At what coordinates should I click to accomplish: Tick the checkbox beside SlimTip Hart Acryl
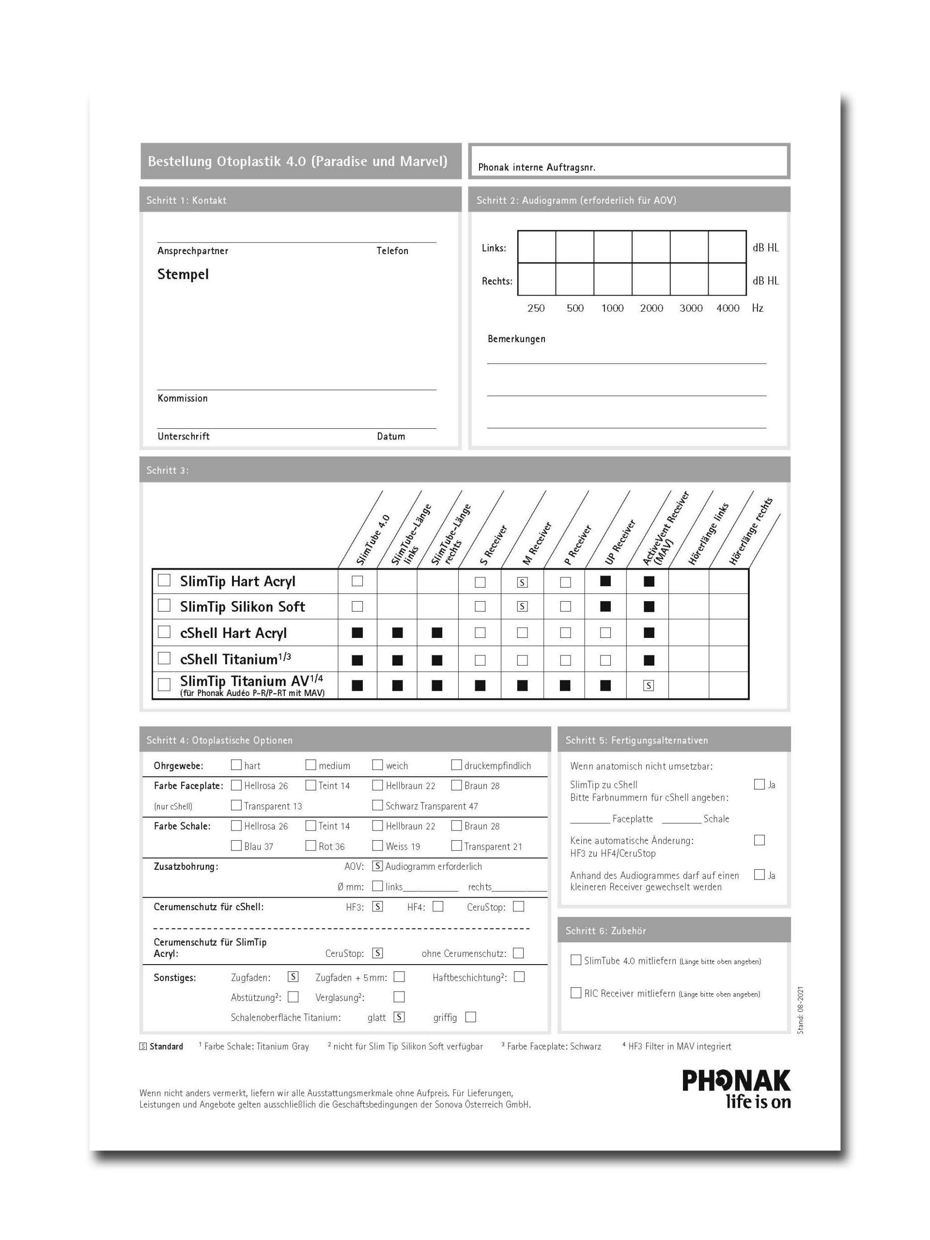tap(164, 580)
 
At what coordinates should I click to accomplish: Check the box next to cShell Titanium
tap(164, 658)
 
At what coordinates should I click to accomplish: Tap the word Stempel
tap(183, 274)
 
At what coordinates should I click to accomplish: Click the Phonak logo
tap(735, 1089)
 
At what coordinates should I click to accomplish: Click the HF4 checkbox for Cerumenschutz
tap(438, 907)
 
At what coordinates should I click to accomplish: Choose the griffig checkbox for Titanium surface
tap(471, 1017)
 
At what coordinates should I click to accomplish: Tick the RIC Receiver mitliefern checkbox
tap(575, 993)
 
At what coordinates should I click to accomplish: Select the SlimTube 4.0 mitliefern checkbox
tap(575, 960)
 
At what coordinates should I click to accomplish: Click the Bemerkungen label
tap(516, 339)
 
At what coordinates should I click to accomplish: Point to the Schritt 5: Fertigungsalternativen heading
tap(636, 740)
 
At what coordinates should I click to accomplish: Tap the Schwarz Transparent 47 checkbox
tap(377, 805)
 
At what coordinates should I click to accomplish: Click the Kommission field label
tap(182, 398)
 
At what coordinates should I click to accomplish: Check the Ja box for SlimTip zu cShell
tap(759, 784)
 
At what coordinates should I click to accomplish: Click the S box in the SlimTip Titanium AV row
tap(649, 685)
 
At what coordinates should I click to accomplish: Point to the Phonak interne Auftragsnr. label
tap(536, 167)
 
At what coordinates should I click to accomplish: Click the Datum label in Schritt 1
tap(390, 436)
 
